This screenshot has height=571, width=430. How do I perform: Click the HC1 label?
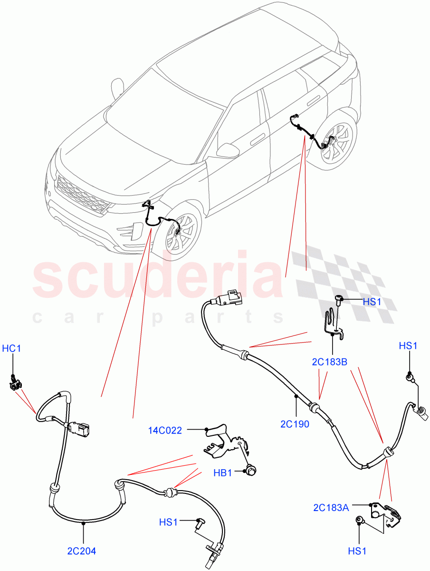(12, 349)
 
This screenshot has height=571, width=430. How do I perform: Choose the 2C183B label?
(330, 362)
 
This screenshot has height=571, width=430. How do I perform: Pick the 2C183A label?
(331, 508)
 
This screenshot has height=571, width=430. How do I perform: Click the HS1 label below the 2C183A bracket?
(357, 551)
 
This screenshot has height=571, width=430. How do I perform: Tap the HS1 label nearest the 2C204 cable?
(168, 522)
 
